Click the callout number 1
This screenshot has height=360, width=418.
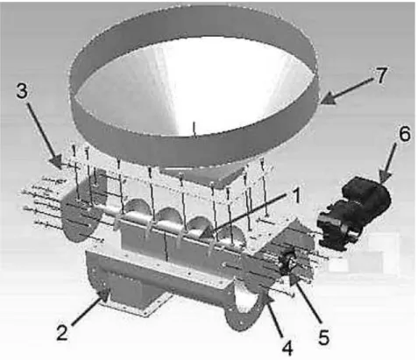tap(296, 195)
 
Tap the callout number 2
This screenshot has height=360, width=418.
tap(62, 332)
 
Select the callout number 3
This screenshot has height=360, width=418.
tap(22, 91)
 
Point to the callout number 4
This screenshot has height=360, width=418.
tap(287, 348)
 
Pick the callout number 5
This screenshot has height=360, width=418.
tap(323, 336)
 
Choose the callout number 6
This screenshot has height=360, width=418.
tap(404, 134)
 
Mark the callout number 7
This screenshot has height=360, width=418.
tap(380, 75)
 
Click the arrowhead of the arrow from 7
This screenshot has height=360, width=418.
tap(328, 99)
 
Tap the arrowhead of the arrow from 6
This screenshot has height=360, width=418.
tap(386, 176)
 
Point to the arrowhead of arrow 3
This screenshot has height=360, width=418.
tap(55, 161)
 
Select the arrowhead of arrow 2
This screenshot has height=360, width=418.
tap(104, 295)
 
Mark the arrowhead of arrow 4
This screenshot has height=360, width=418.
tap(268, 300)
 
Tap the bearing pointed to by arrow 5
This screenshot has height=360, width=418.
tap(288, 263)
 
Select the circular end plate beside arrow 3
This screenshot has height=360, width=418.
tap(79, 217)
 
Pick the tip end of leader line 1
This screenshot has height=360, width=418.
tap(209, 232)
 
